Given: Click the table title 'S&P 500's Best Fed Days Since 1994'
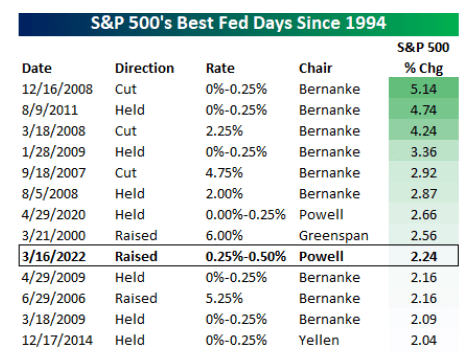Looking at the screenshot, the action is (x=238, y=23).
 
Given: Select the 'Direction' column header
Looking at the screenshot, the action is (x=144, y=68).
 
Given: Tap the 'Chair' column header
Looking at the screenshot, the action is (x=315, y=68).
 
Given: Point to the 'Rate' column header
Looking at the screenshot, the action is (x=220, y=68).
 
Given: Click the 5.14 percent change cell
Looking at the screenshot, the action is (x=423, y=89).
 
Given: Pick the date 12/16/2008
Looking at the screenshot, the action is (x=57, y=89).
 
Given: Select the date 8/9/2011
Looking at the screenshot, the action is (x=50, y=110).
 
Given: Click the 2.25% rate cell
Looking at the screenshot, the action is (x=224, y=131).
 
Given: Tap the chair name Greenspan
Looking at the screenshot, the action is (x=334, y=236).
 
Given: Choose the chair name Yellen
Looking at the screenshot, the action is (x=319, y=340).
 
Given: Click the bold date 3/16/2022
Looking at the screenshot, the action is (x=54, y=256).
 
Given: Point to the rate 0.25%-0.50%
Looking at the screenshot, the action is (x=246, y=256).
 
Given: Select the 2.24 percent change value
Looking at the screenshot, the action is (x=423, y=256).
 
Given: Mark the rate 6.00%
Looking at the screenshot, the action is (x=224, y=236).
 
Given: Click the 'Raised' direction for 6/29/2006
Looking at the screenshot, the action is (x=136, y=298).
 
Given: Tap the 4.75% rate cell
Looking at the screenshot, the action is (x=224, y=173).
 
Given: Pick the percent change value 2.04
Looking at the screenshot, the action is (x=423, y=340).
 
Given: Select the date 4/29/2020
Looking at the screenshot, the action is (x=54, y=215).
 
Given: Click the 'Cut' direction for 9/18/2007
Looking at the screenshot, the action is (x=126, y=173).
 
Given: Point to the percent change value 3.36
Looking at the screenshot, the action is (x=423, y=152).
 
